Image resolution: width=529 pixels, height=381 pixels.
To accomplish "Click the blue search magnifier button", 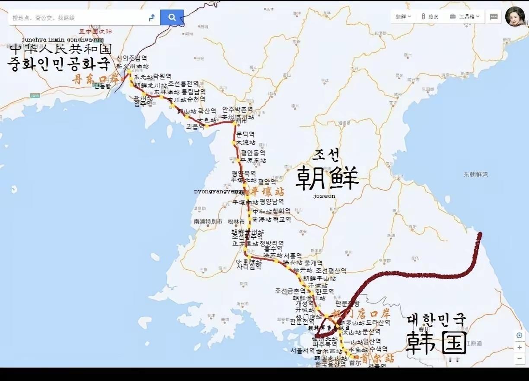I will (x=172, y=17).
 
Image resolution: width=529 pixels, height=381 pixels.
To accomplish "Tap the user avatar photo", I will (x=515, y=16).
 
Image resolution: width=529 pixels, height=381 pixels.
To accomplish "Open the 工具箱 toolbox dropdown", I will (x=465, y=16).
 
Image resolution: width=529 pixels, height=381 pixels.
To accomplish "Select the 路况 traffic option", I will (x=430, y=16).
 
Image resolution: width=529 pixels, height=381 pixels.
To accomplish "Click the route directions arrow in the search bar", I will (x=152, y=18).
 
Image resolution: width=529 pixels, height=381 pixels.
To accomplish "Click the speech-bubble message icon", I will (x=494, y=16).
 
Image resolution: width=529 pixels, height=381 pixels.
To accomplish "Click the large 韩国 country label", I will (x=436, y=342).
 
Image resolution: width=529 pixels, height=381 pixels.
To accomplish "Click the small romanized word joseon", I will (x=324, y=196).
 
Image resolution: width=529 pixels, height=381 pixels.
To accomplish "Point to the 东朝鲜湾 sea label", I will (x=475, y=174).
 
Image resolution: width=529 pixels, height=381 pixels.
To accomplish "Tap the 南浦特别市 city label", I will (x=208, y=221).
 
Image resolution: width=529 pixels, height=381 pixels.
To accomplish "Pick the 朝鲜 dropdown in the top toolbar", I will (x=403, y=16).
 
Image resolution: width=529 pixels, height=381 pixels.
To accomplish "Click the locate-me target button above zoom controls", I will (x=519, y=336).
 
